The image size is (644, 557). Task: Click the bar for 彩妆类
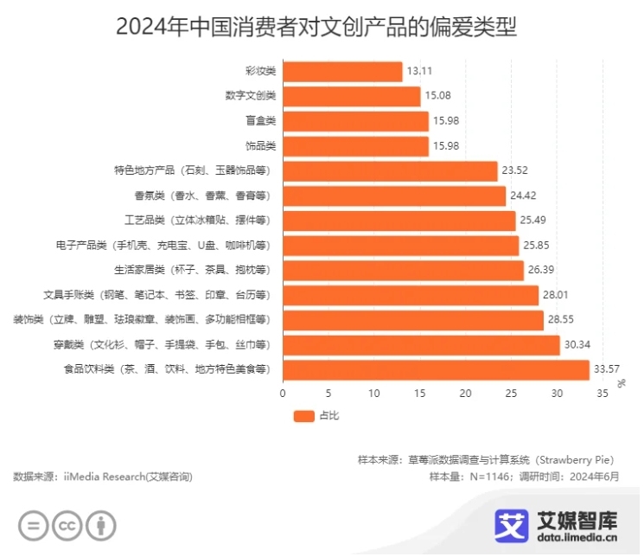click(x=342, y=72)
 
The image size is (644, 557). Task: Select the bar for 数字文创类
click(x=351, y=96)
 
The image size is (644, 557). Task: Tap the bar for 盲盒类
click(x=355, y=121)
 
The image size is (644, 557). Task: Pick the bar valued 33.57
click(x=436, y=370)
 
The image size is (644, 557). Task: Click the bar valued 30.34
click(x=421, y=345)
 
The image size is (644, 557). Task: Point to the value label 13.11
click(x=421, y=72)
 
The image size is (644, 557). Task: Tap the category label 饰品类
click(x=260, y=146)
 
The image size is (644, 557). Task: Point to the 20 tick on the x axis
click(x=465, y=394)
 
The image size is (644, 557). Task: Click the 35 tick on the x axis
click(x=602, y=394)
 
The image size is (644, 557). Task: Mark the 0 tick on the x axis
click(x=283, y=394)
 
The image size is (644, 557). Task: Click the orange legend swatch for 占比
click(x=303, y=416)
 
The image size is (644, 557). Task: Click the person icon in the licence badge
click(x=101, y=525)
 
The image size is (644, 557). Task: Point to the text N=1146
click(x=489, y=477)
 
